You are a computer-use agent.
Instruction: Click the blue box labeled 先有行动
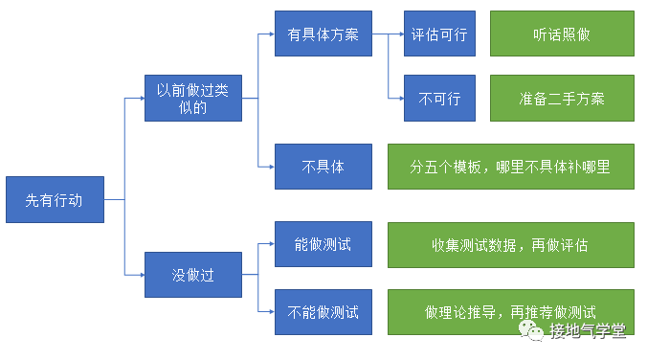click(54, 200)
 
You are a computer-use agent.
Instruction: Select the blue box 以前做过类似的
click(193, 98)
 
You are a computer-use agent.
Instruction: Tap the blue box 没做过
click(193, 275)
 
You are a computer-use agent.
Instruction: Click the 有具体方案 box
click(323, 34)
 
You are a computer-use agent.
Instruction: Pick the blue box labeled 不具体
click(323, 167)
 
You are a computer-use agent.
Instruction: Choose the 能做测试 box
click(323, 245)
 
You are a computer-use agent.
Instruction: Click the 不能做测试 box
click(323, 311)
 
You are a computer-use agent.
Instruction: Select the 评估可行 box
click(439, 34)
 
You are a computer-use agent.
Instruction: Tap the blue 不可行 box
click(439, 98)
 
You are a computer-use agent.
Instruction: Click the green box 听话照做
click(562, 34)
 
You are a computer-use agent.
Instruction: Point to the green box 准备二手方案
click(562, 98)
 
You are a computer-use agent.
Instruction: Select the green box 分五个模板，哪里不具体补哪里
click(510, 167)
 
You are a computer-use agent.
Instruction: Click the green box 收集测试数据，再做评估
click(510, 245)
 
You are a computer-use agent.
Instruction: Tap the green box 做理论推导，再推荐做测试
click(510, 311)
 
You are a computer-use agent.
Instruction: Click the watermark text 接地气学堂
click(588, 331)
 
